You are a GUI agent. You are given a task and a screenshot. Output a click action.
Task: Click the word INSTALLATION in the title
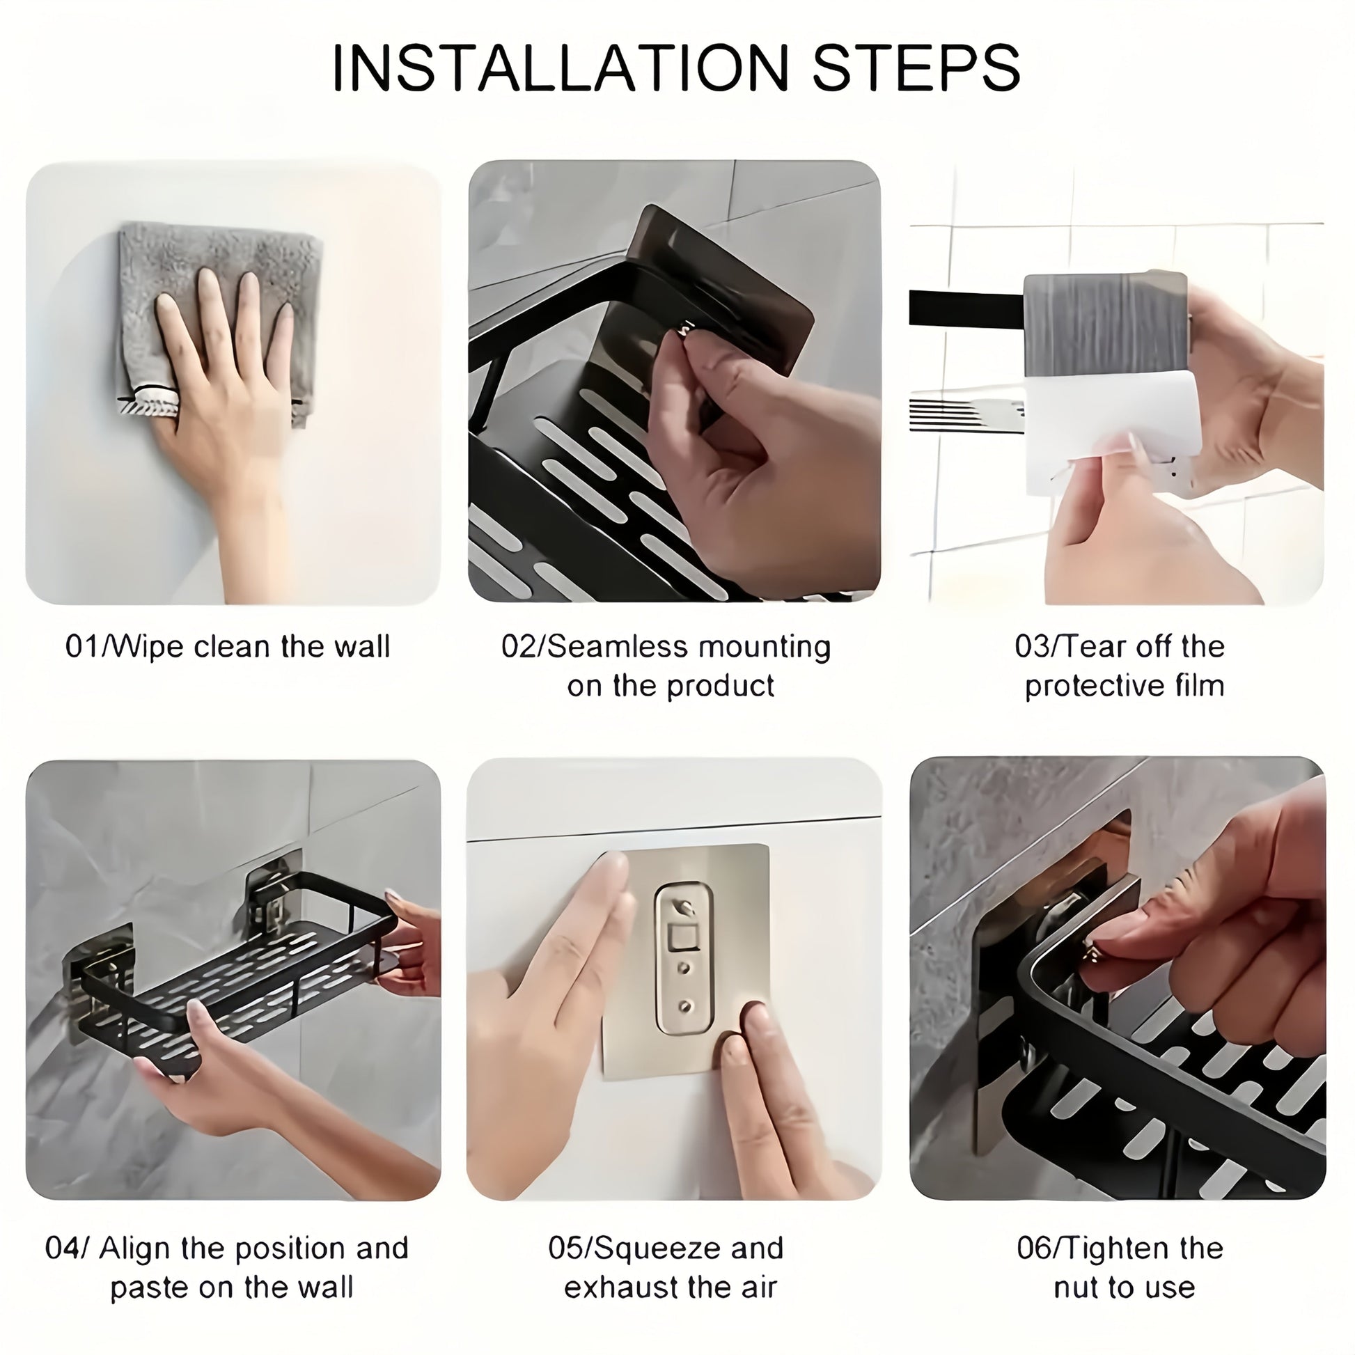click(561, 68)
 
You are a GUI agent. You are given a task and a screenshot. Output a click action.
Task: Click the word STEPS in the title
click(915, 68)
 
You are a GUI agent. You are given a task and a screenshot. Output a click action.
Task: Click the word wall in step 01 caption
click(361, 646)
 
